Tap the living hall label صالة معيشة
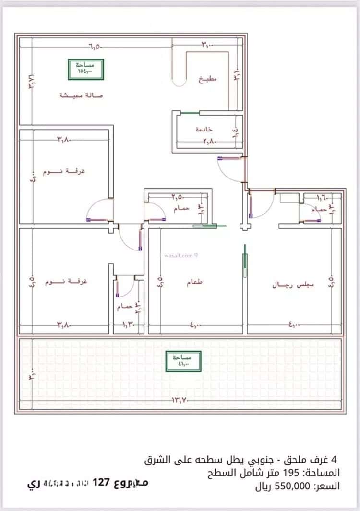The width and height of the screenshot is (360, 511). tap(81, 95)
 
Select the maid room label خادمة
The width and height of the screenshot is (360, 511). tap(204, 130)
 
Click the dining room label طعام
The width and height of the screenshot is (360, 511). tap(194, 283)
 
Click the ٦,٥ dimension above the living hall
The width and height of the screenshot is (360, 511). tap(95, 47)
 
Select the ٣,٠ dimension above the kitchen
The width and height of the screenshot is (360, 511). tap(207, 45)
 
